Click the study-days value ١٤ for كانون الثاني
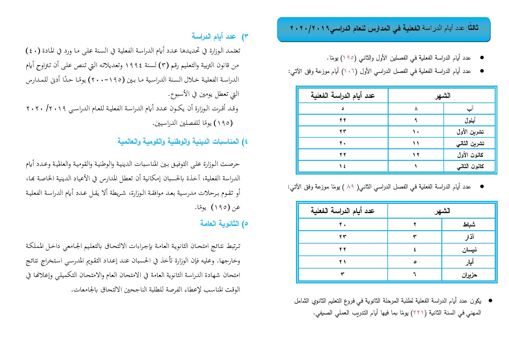point(343,167)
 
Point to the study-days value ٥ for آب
point(343,109)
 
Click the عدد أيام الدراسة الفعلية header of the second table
point(342,211)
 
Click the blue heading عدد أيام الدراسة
point(214,36)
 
